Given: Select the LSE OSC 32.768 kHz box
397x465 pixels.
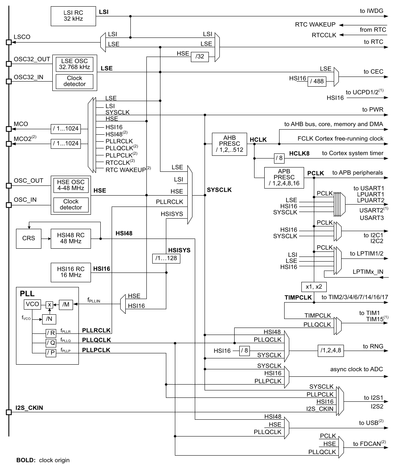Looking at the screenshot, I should pyautogui.click(x=75, y=64).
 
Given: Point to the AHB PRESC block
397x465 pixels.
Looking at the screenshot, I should pyautogui.click(x=229, y=144).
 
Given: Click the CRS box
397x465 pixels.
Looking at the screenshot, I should pyautogui.click(x=28, y=238).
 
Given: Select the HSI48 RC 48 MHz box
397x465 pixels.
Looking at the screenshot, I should pyautogui.click(x=70, y=238).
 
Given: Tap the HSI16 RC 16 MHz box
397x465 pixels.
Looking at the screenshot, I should pyautogui.click(x=70, y=272).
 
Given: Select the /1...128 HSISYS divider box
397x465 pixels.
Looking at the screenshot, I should pyautogui.click(x=166, y=258).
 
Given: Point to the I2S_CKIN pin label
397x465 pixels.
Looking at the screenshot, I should pyautogui.click(x=30, y=408).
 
